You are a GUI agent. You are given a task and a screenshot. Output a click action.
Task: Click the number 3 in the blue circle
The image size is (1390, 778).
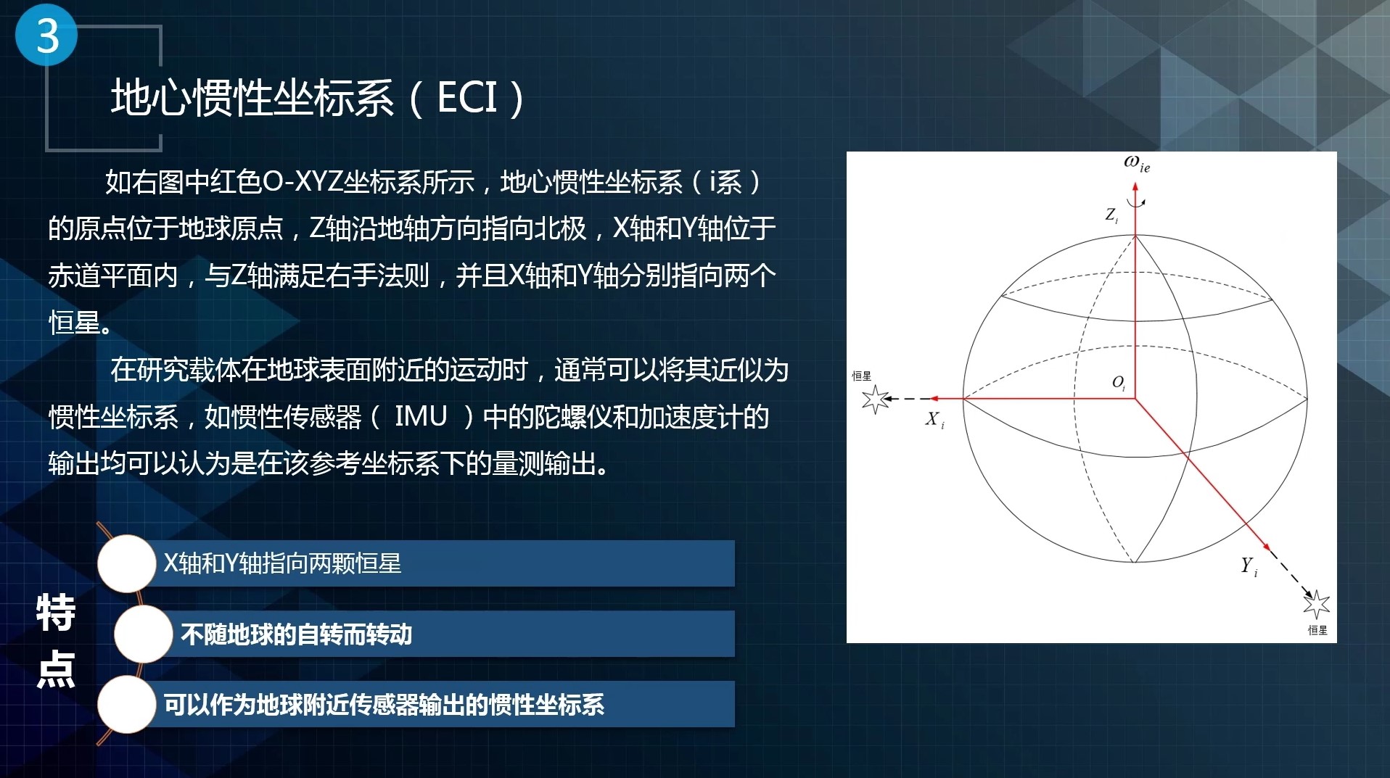47,36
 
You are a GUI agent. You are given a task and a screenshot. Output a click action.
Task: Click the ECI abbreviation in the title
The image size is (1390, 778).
467,97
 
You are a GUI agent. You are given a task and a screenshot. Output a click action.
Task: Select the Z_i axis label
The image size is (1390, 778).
1111,215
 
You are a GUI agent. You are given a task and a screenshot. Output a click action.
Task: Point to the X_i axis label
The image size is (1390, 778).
934,419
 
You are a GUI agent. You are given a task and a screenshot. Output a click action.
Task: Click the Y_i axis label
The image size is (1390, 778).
1249,566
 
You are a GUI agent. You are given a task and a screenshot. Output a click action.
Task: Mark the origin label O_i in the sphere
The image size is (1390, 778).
1119,383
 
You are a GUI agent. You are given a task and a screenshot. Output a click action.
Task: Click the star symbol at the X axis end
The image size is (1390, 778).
876,399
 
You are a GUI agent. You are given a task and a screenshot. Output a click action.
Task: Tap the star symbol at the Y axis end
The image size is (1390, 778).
1316,604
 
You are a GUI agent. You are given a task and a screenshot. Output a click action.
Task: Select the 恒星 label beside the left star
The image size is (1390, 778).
862,376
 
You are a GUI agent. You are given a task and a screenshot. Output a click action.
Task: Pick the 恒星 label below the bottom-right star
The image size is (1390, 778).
1317,630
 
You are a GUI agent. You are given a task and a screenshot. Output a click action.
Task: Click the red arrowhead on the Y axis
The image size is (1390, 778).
1266,545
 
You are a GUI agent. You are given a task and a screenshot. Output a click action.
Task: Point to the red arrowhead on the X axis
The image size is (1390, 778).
935,398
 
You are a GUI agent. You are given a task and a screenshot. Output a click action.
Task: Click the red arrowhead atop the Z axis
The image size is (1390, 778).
1135,187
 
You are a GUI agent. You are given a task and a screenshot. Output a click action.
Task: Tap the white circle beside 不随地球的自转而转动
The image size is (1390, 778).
143,634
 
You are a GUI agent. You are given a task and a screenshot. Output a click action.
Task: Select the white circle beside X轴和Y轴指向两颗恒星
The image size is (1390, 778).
127,563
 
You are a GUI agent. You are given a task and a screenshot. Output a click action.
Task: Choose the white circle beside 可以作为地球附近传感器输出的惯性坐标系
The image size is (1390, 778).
127,704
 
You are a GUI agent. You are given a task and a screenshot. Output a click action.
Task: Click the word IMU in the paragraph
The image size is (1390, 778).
421,417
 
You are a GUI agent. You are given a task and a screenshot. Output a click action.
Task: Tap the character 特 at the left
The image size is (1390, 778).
56,613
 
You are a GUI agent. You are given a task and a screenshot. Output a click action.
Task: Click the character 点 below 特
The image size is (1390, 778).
56,669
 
